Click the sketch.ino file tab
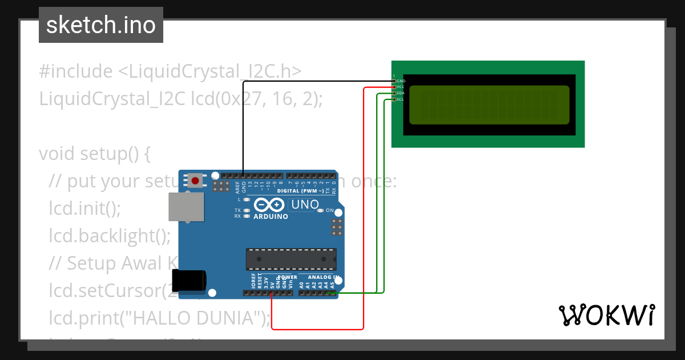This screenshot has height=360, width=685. (100, 25)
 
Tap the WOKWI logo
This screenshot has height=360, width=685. (606, 315)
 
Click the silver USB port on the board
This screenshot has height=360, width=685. (187, 206)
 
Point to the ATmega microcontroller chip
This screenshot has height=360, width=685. (291, 259)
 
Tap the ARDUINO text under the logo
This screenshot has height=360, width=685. (271, 217)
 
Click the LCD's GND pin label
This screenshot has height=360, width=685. (401, 81)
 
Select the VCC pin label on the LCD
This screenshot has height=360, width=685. (401, 87)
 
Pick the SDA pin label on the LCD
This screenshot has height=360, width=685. (401, 93)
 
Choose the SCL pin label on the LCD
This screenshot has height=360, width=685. (401, 99)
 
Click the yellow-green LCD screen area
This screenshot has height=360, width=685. (489, 105)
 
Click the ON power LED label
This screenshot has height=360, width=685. (329, 211)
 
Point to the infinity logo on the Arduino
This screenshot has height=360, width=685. (269, 205)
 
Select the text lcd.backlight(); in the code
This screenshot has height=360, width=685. (110, 235)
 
